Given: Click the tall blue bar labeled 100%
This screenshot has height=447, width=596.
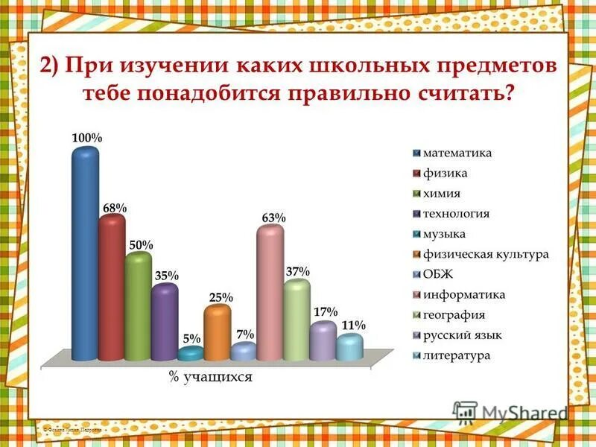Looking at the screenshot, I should coord(85,253).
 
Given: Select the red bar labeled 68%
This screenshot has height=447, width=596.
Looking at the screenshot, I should coord(112,287).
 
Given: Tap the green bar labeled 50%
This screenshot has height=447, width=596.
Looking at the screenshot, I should coord(138,305).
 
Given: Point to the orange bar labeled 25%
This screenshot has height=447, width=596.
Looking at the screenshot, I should coord(217,332).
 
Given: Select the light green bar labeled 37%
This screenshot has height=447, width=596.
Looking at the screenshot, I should coord(297,319).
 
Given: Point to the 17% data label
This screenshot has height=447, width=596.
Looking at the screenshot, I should coord(325,311).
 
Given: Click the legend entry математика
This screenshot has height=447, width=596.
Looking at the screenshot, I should coord(457,153).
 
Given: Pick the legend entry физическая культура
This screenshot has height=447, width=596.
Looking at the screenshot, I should coord(486,254).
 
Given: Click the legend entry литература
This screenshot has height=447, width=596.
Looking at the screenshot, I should coord(457,355).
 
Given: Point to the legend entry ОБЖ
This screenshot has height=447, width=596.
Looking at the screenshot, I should coord(438,274).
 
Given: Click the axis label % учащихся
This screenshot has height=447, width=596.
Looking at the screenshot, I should coord(211,378).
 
